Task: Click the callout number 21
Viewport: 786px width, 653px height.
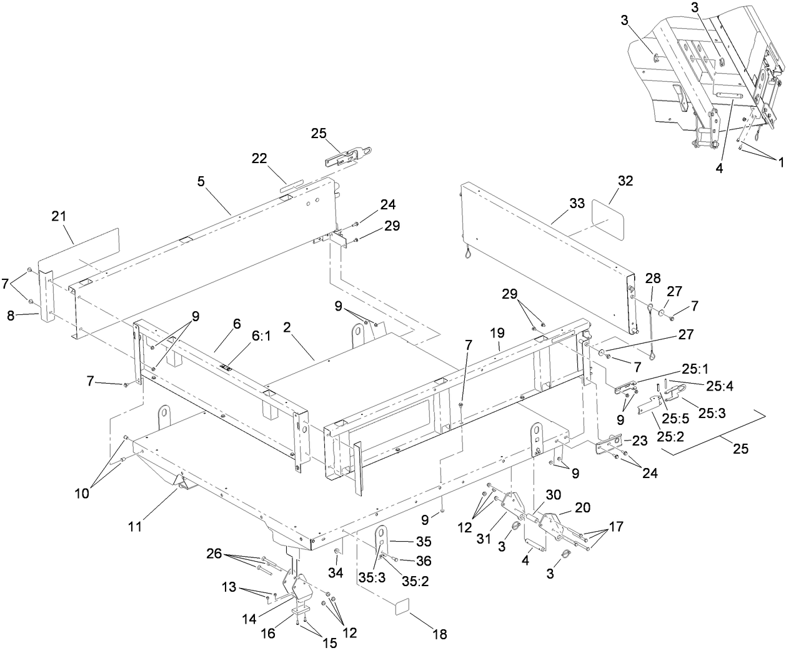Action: [x=59, y=216]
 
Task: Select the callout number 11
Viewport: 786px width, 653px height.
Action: [x=136, y=526]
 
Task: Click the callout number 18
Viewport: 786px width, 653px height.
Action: [x=440, y=635]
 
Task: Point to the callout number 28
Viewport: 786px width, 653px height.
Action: [x=653, y=277]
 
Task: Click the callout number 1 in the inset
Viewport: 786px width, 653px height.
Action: [x=779, y=160]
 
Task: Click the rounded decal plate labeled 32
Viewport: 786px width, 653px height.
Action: [x=609, y=219]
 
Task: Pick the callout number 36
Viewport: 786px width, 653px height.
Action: [x=424, y=561]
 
